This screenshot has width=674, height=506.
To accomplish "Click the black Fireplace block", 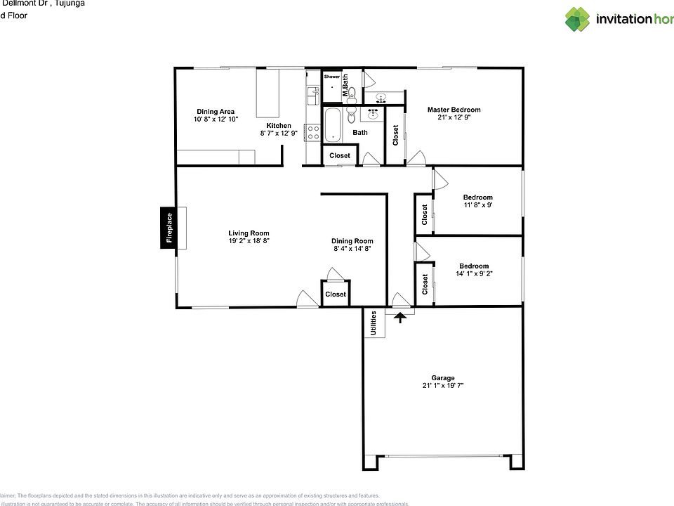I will [168, 228].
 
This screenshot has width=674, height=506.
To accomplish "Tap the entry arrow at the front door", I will [400, 317].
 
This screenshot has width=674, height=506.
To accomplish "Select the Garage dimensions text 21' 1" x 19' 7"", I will [443, 385].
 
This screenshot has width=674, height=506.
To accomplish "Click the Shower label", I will [331, 77].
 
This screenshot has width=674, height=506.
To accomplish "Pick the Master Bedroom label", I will [454, 110].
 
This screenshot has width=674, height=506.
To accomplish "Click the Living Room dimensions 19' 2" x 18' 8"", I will [249, 240].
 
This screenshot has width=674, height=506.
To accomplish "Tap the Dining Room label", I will [352, 241].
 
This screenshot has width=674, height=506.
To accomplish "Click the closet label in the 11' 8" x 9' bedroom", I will [425, 214].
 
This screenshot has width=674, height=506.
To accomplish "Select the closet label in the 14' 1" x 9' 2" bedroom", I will [425, 283].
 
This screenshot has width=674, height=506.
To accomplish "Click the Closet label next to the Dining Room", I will [336, 294].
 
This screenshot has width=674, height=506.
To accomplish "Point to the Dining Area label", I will [216, 111].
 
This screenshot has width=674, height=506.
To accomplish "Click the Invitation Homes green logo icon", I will [578, 19].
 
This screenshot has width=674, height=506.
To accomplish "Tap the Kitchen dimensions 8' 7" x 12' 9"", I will [279, 133].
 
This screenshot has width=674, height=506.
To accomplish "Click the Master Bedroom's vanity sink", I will [381, 97].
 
